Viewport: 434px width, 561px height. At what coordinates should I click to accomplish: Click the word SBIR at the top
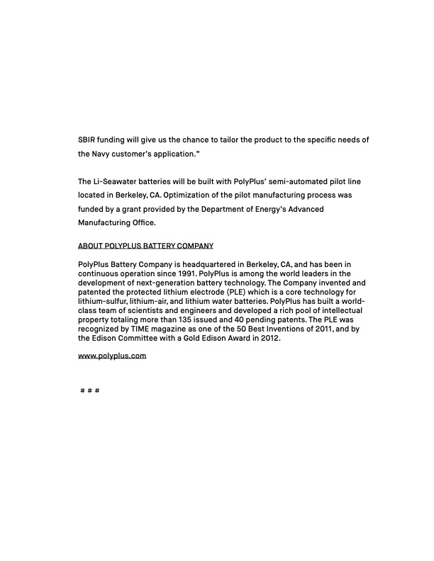(x=87, y=140)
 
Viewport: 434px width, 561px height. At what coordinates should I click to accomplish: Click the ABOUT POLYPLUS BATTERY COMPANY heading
(x=145, y=246)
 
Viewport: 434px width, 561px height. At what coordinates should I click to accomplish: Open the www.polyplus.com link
(x=112, y=356)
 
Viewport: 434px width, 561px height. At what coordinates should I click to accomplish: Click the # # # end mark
(x=90, y=391)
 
